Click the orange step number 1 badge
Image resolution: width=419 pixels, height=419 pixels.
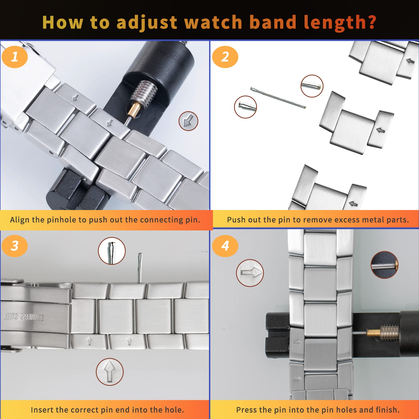15,57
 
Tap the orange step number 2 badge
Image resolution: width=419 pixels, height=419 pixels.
225,57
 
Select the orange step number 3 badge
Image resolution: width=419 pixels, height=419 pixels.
15,246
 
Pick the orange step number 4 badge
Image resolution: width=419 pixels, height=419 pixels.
225,246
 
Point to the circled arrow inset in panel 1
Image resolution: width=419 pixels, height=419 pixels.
188,121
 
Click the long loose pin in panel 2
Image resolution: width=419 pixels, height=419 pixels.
278,97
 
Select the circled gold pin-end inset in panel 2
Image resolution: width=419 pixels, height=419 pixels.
312,86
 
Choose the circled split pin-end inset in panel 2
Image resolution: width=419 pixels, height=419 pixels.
245,107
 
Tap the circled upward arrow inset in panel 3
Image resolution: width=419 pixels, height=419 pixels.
109,372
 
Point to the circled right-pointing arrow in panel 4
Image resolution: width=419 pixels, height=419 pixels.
250,273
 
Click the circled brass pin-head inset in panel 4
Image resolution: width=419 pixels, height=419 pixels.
384,265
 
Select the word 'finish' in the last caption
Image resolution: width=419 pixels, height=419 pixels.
387,410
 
